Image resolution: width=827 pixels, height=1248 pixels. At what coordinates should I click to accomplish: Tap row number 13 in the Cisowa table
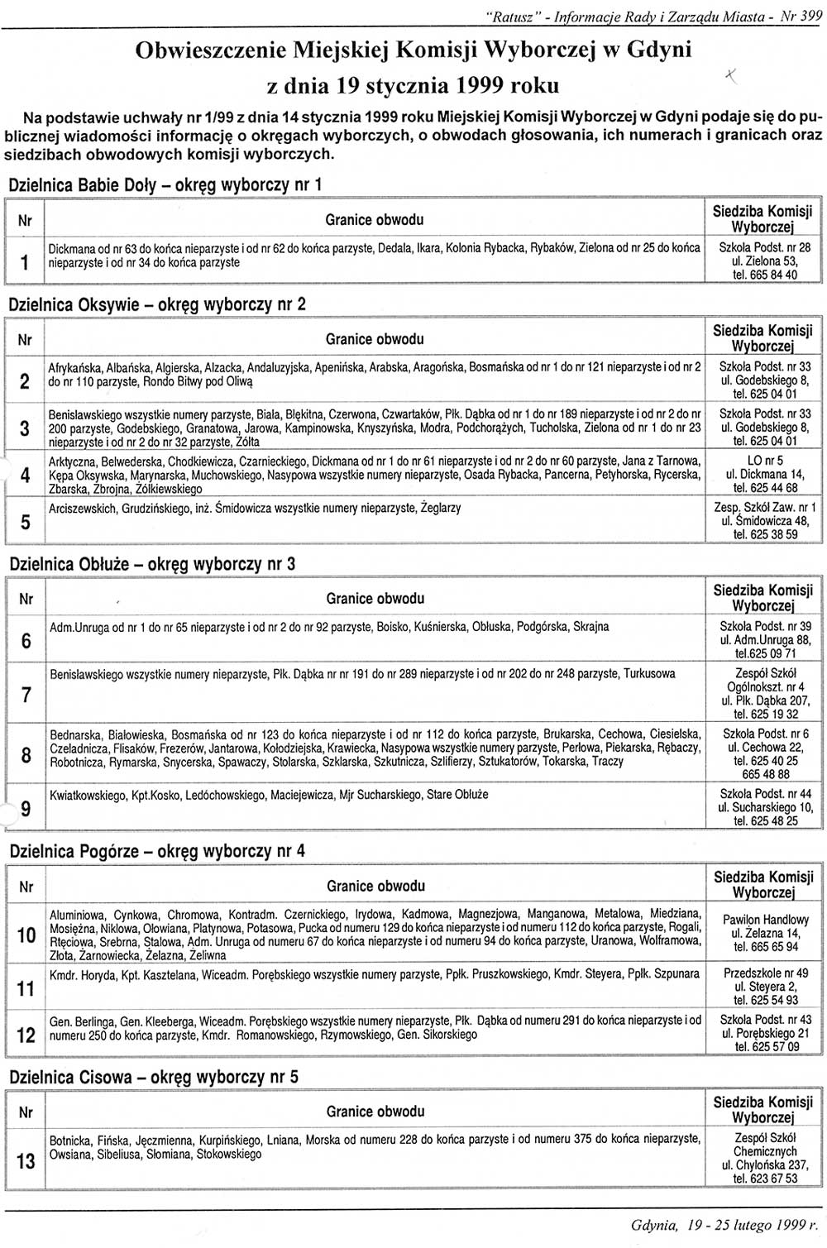pyautogui.click(x=26, y=1161)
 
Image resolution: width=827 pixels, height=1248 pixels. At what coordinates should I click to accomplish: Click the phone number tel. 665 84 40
pyautogui.click(x=765, y=275)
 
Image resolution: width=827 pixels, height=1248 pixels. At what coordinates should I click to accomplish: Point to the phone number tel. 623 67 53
pyautogui.click(x=765, y=1178)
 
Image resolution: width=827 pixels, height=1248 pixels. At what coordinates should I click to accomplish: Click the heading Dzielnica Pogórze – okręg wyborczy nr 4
pyautogui.click(x=157, y=850)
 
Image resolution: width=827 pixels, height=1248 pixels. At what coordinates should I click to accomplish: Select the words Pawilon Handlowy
pyautogui.click(x=765, y=919)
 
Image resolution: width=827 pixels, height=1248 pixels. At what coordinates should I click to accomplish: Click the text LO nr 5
pyautogui.click(x=765, y=461)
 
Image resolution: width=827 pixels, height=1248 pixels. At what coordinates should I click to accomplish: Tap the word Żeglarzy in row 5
pyautogui.click(x=441, y=508)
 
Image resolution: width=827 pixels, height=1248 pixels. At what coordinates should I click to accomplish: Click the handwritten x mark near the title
pyautogui.click(x=730, y=76)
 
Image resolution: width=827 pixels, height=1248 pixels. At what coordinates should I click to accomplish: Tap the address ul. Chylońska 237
pyautogui.click(x=765, y=1164)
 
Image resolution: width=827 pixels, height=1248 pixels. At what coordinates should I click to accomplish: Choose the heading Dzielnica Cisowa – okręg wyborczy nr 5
pyautogui.click(x=154, y=1077)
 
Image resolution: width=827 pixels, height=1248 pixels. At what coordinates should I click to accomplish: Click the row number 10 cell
pyautogui.click(x=26, y=935)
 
